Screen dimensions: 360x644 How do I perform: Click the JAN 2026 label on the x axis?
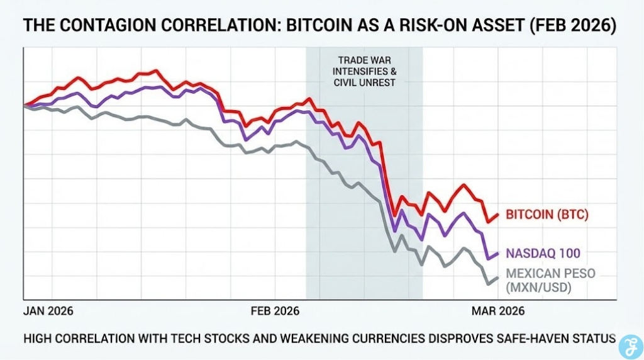[x=48, y=311]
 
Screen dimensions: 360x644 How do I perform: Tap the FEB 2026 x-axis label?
[x=275, y=311]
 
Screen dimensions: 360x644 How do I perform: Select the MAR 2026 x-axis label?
[x=497, y=311]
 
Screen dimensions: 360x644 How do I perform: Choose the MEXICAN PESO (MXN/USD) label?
[x=550, y=281]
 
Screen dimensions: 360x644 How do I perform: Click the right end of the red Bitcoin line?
[x=498, y=215]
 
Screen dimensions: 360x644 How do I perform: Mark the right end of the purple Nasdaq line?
[x=498, y=253]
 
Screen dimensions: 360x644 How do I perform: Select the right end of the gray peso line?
[x=498, y=278]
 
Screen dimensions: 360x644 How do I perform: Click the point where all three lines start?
[x=25, y=106]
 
